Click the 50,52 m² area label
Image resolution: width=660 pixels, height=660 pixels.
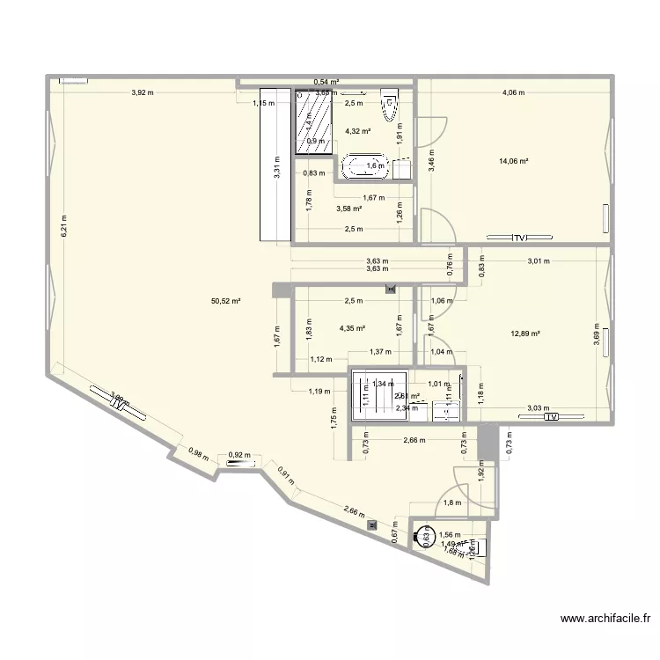click(x=225, y=301)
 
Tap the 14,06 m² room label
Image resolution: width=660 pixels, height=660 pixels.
click(x=513, y=161)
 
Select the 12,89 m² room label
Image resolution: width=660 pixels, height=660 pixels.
click(x=524, y=334)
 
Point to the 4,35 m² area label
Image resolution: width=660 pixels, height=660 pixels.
click(x=352, y=329)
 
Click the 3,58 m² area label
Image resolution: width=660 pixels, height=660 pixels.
click(x=349, y=209)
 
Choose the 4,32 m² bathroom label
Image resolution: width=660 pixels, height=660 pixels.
click(x=357, y=131)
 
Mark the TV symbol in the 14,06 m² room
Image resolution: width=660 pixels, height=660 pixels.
click(x=519, y=238)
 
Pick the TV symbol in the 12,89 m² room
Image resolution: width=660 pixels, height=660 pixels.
click(x=551, y=417)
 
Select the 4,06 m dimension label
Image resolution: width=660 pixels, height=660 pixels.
click(x=513, y=93)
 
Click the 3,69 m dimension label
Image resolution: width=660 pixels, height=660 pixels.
click(x=597, y=337)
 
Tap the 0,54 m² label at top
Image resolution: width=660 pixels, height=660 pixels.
click(x=327, y=82)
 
